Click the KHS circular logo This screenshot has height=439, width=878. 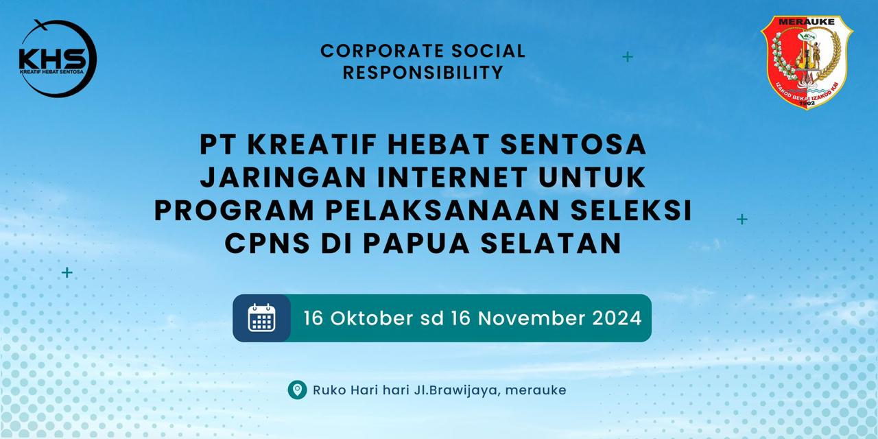tap(58, 59)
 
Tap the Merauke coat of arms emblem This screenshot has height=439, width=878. tap(807, 63)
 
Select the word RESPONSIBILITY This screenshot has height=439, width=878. tap(423, 72)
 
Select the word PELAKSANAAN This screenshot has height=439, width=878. tap(437, 211)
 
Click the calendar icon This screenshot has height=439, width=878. tap(261, 318)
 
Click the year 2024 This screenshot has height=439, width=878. tap(617, 318)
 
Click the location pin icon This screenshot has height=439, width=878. tap(297, 390)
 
